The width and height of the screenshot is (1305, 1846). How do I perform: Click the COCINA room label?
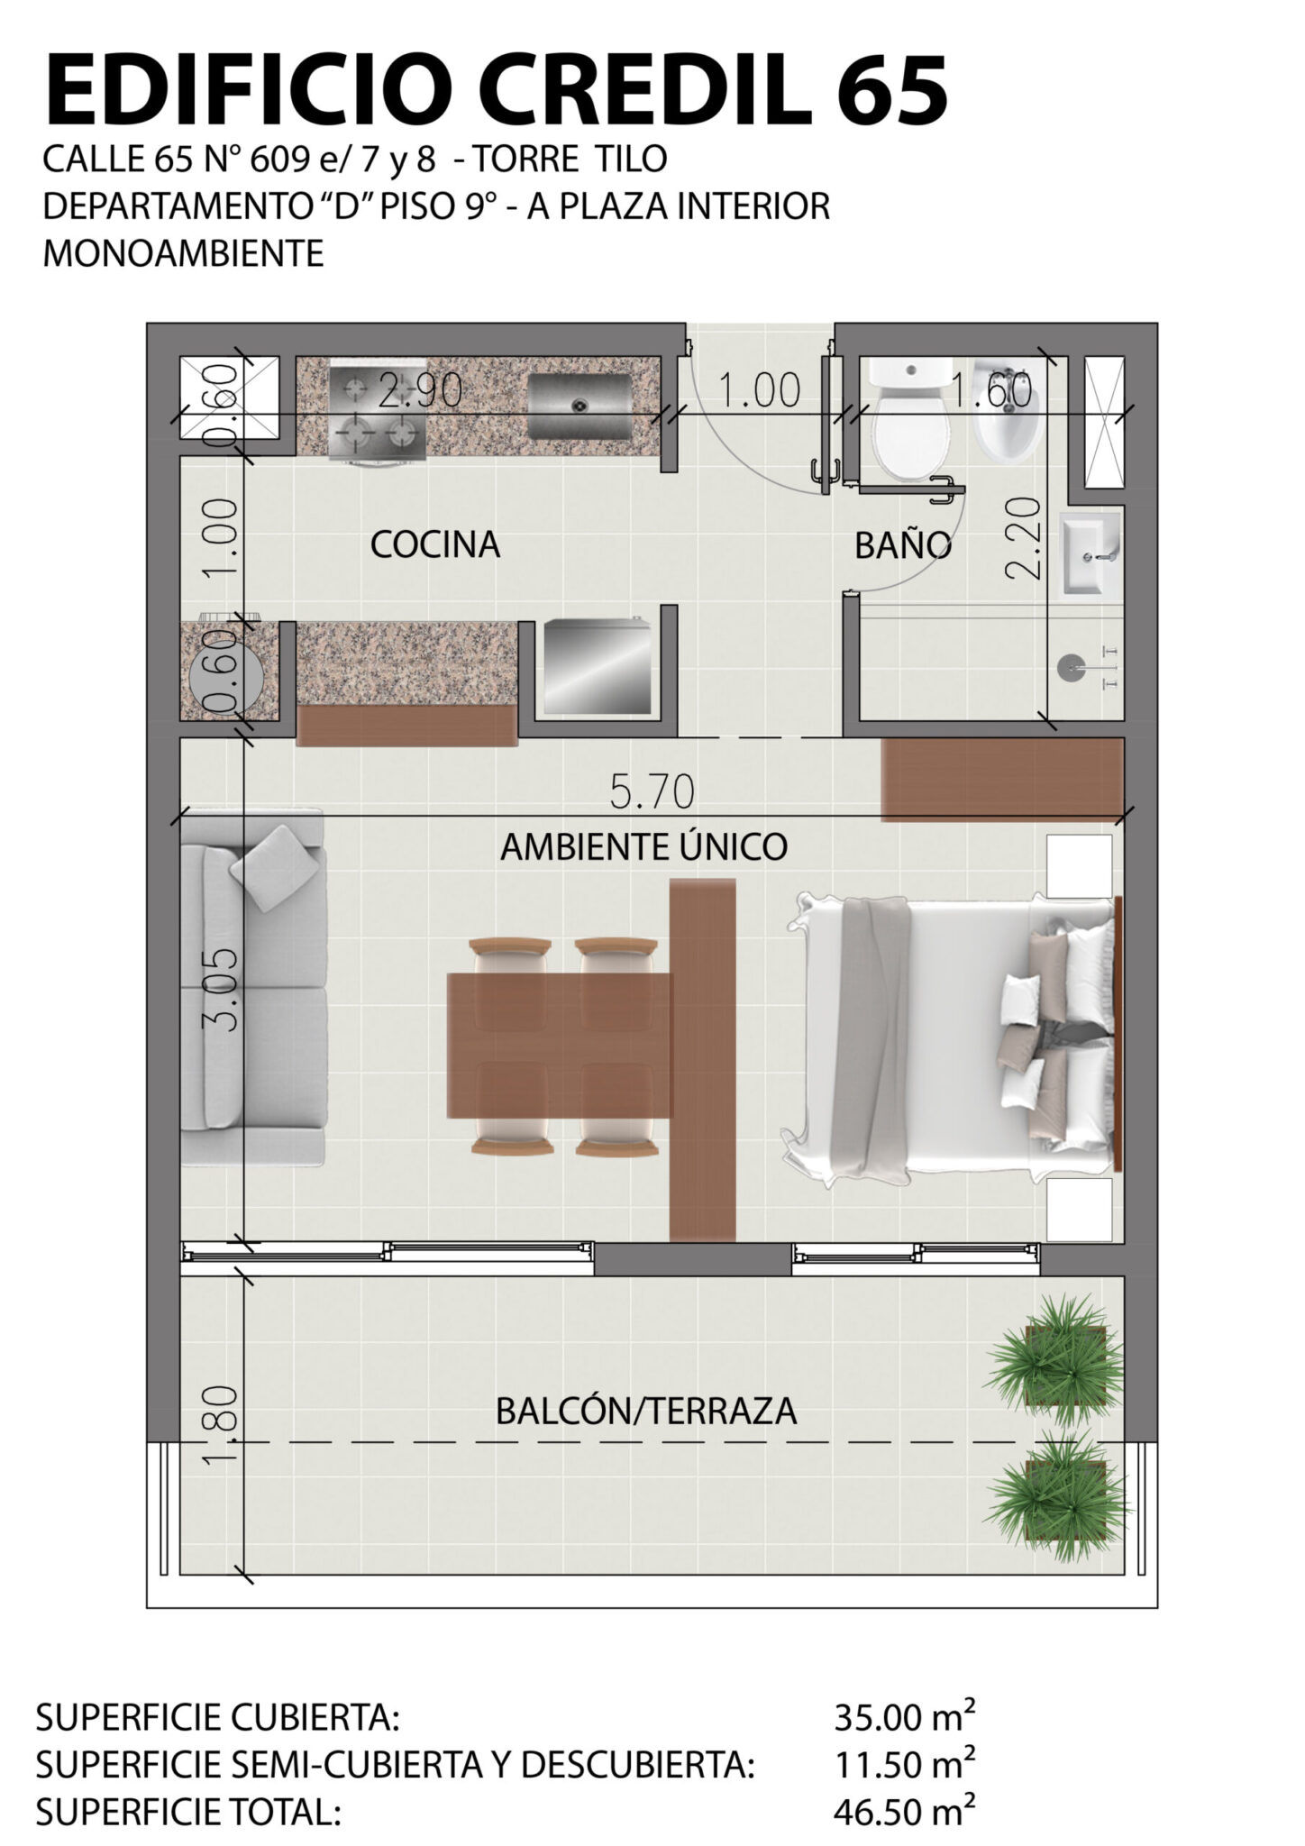[x=434, y=544]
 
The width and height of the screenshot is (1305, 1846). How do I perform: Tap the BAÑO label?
[x=903, y=544]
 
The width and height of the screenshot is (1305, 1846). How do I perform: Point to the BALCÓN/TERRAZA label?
[x=646, y=1411]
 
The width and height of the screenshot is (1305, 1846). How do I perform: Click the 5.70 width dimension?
[x=652, y=792]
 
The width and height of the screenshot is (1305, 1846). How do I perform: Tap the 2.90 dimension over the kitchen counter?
[x=420, y=390]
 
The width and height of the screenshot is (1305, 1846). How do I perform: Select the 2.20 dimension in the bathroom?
[x=1025, y=538]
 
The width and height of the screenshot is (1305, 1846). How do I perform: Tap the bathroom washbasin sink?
[x=1091, y=553]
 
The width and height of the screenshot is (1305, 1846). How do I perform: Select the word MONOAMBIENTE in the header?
[x=183, y=253]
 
